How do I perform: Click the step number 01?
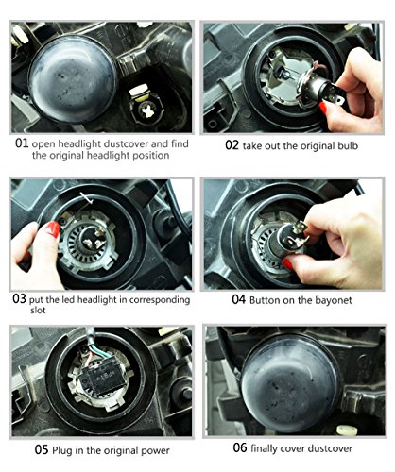coord(22,143)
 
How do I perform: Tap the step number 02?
coord(232,145)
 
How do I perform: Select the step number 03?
coord(19,298)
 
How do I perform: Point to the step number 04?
coord(239,299)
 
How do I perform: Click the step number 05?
coord(42,449)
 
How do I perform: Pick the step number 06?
coord(240,447)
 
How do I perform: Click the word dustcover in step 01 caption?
coord(126,143)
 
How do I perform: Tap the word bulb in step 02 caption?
coord(347,145)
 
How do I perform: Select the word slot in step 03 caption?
coord(38,311)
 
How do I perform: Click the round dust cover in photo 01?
coord(73,79)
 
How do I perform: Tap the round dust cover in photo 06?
coord(290,383)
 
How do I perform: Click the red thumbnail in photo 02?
coord(323,108)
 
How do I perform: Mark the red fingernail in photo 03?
coord(52,229)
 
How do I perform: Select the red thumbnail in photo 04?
coord(287,263)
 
